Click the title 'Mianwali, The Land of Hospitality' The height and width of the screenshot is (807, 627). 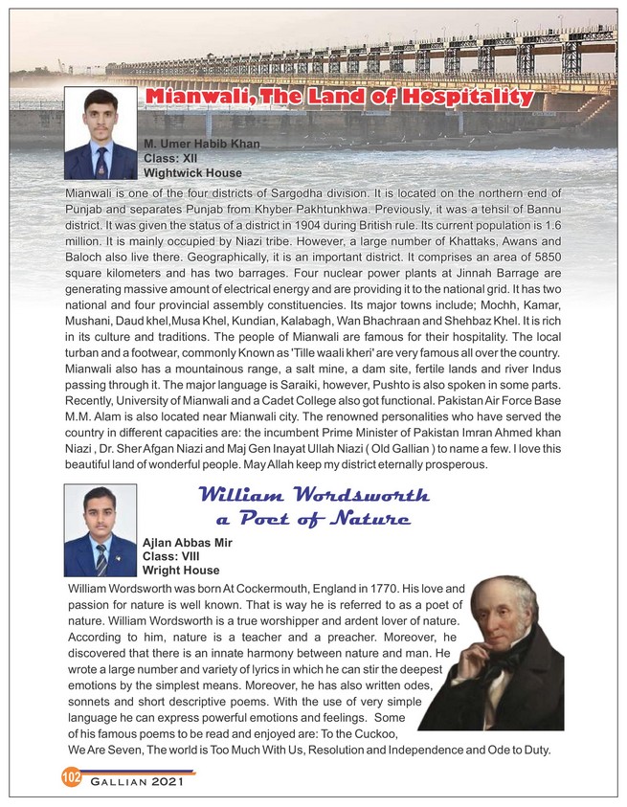click(x=338, y=98)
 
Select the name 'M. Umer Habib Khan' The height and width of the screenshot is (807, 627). click(x=201, y=144)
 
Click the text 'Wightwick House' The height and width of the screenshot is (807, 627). click(x=191, y=173)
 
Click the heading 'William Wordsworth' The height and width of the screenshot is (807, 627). click(x=313, y=495)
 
